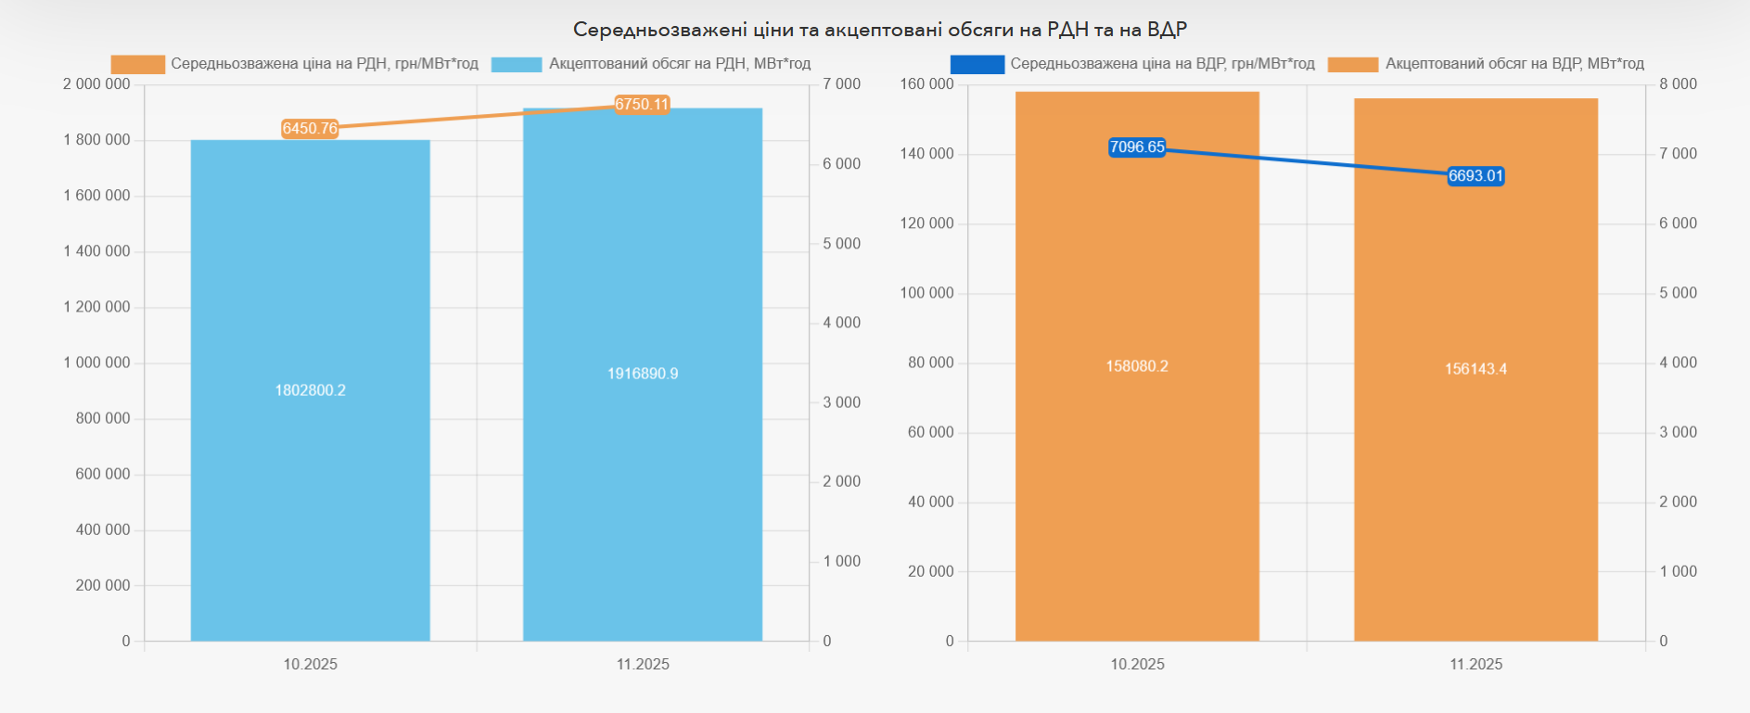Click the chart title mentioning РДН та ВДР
[879, 30]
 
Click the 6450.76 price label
[310, 129]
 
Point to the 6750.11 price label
[642, 105]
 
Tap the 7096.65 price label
[1137, 147]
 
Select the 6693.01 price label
[1475, 176]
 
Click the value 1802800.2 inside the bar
[310, 390]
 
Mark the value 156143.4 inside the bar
[1475, 369]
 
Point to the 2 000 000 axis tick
[96, 84]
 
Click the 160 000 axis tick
[926, 84]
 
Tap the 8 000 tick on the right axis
[1678, 84]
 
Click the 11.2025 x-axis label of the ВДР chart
[1475, 664]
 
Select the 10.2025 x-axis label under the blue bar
[310, 664]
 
